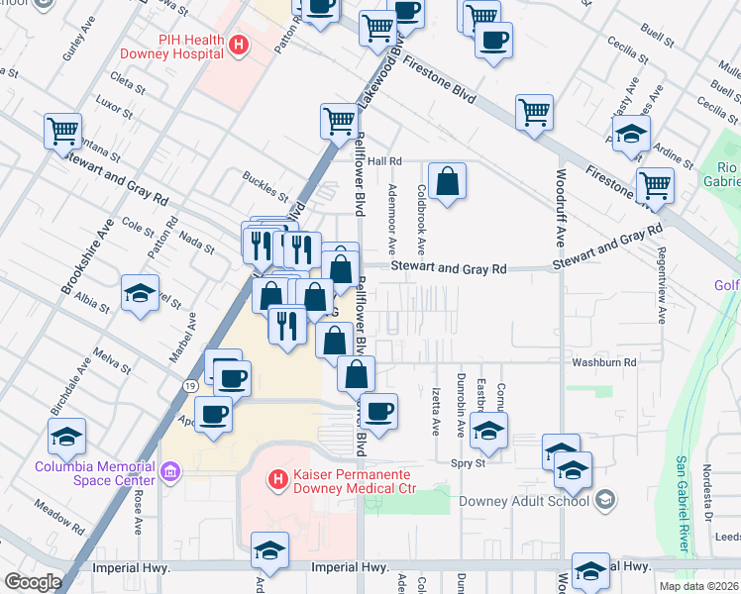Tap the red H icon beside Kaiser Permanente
coord(279,480)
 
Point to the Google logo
coord(33,582)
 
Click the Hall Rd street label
coord(383,160)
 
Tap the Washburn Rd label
coord(602,363)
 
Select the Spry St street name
coord(468,462)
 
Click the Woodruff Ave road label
coord(560,217)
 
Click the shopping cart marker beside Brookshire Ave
coord(62,130)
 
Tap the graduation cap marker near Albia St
coord(140,293)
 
